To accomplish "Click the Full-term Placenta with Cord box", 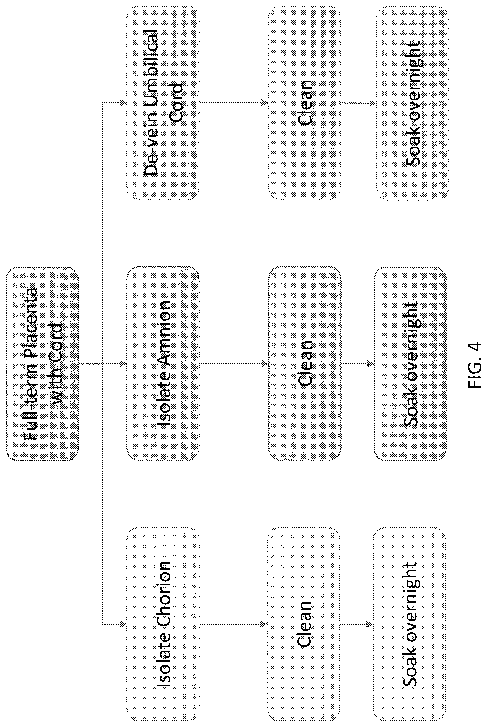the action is (42, 364).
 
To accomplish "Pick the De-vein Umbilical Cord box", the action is (163, 103).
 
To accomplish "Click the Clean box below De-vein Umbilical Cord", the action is (305, 103).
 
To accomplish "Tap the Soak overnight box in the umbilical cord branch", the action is (413, 103).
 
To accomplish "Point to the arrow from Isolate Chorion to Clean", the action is (233, 624).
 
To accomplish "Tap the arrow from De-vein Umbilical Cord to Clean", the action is (234, 102).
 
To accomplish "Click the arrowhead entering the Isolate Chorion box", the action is (123, 624).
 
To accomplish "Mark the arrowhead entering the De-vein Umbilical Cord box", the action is (123, 102).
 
